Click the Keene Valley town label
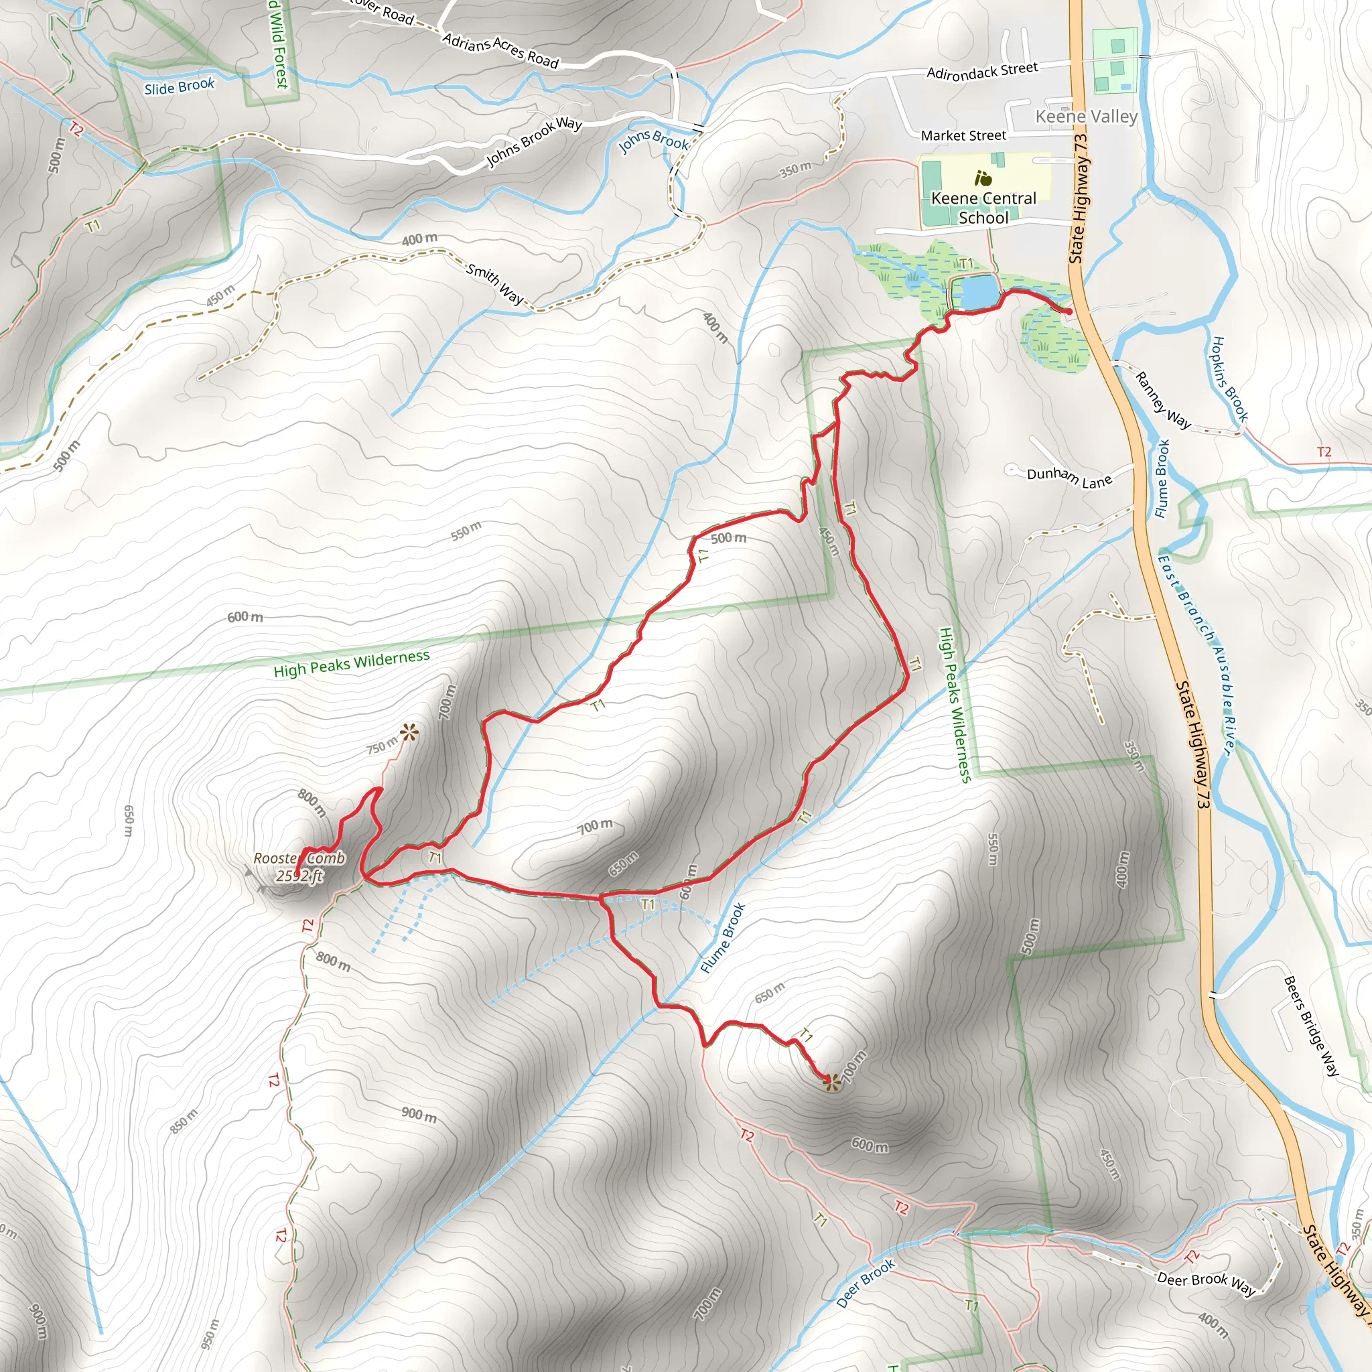[1086, 117]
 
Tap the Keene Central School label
[983, 208]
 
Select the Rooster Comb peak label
[299, 858]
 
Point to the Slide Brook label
[179, 86]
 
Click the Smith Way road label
[495, 283]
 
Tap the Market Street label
[963, 135]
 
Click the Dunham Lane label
[1069, 477]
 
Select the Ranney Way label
[1162, 401]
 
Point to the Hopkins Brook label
[1229, 379]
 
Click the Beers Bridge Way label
[1311, 1026]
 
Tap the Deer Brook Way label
[1206, 1281]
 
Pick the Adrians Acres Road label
[500, 50]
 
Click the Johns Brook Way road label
[534, 141]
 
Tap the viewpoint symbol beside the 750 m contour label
[409, 732]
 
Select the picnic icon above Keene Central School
[983, 178]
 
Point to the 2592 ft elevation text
[299, 876]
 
